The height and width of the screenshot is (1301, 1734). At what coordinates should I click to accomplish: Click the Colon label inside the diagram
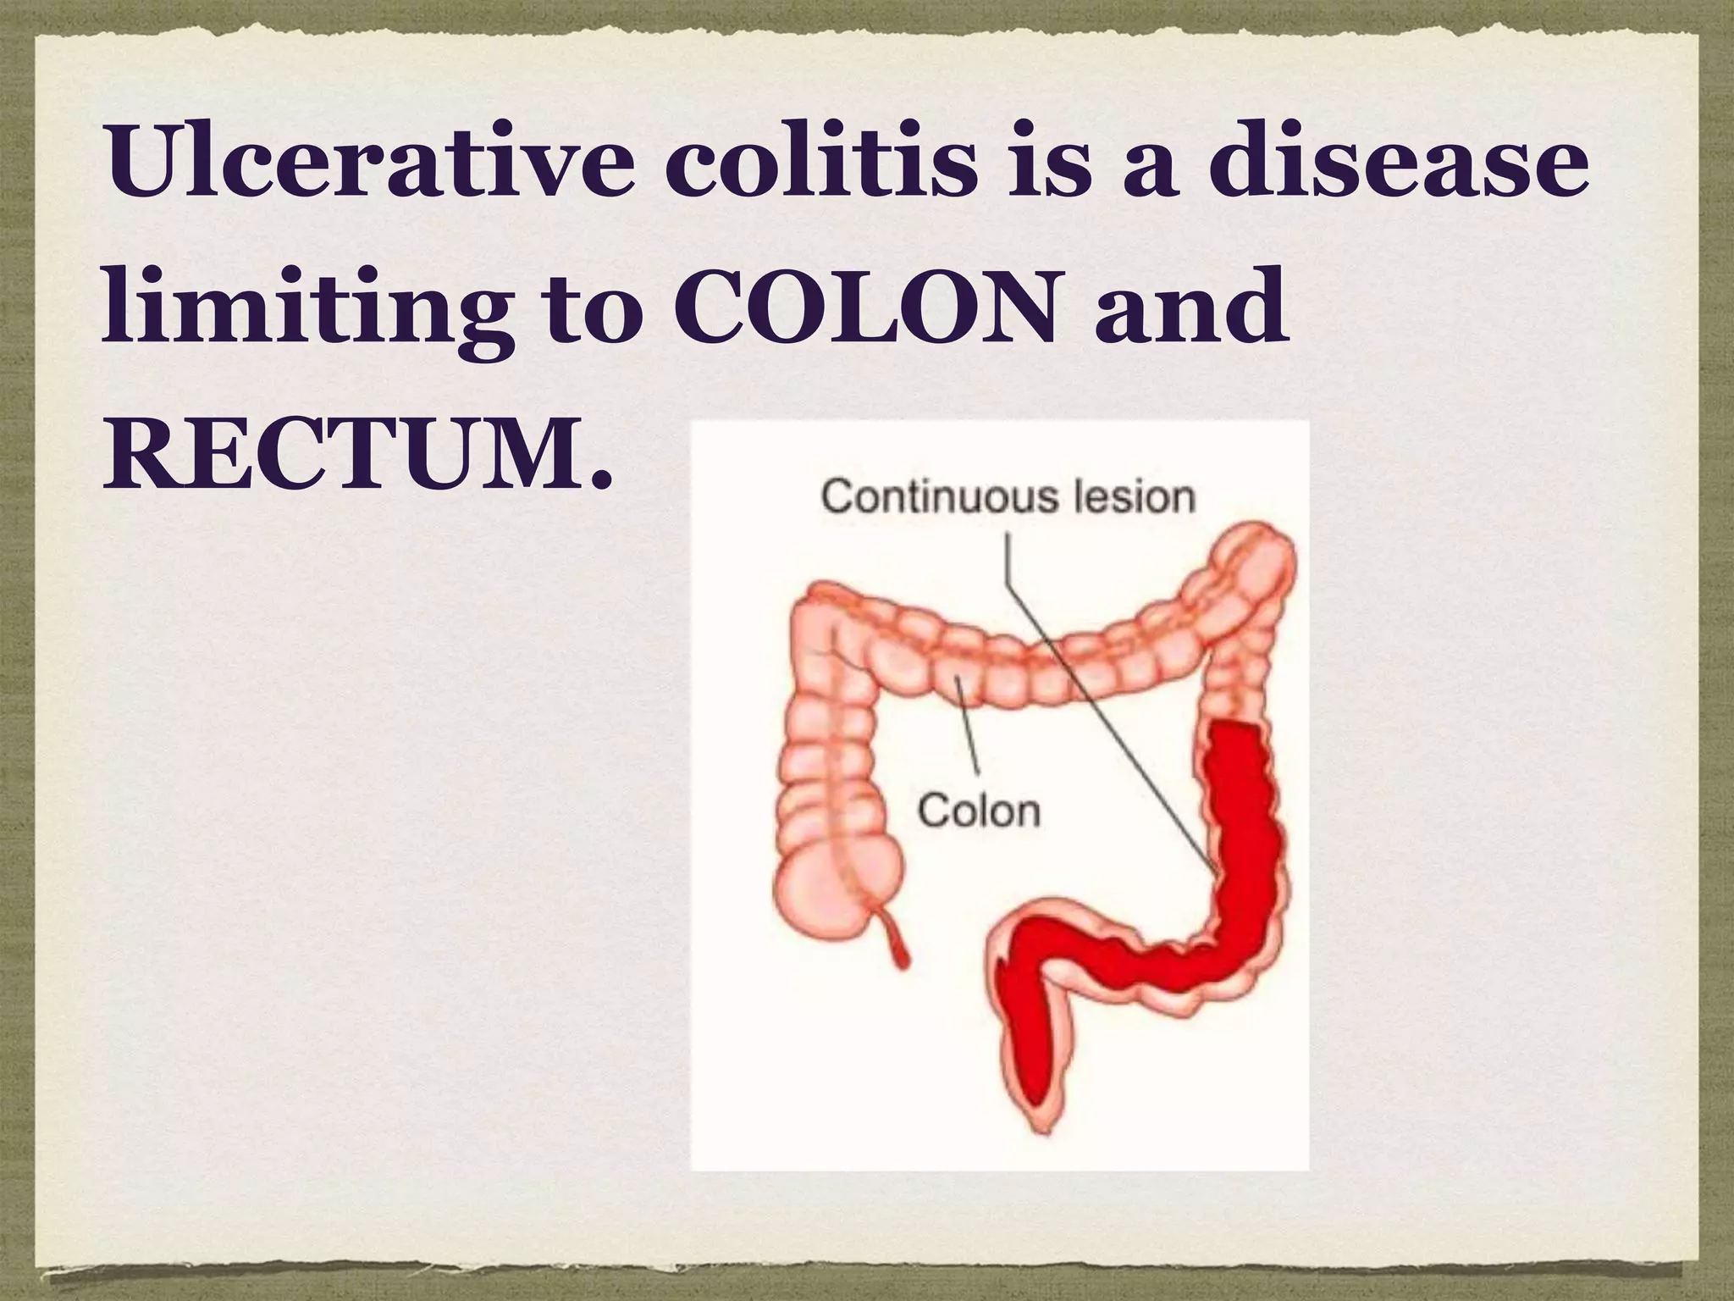click(979, 811)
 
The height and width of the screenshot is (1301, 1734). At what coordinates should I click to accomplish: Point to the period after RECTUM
click(600, 483)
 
